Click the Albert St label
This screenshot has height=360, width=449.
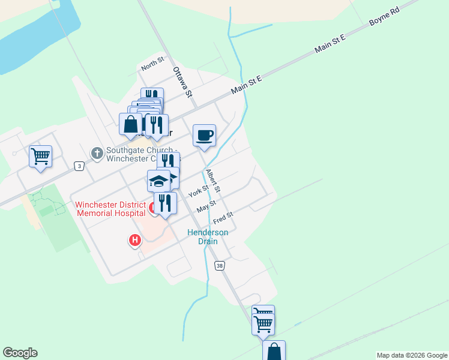(x=213, y=181)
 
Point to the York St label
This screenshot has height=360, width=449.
(x=198, y=192)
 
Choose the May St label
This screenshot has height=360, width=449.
(x=206, y=208)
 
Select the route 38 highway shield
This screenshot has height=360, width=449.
(x=220, y=265)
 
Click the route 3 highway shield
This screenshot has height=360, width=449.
(x=79, y=166)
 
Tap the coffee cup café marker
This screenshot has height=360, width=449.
(x=204, y=134)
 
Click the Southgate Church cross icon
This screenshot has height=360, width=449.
(x=97, y=154)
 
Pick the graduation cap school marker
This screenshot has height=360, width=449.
(x=158, y=181)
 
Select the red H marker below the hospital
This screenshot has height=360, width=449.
(x=135, y=241)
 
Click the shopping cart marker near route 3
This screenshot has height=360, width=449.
(x=40, y=157)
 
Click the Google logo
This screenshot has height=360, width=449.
(x=20, y=353)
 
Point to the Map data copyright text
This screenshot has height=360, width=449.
(x=411, y=355)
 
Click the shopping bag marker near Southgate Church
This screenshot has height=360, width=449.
(x=130, y=124)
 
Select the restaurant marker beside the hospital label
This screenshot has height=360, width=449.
(x=165, y=203)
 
